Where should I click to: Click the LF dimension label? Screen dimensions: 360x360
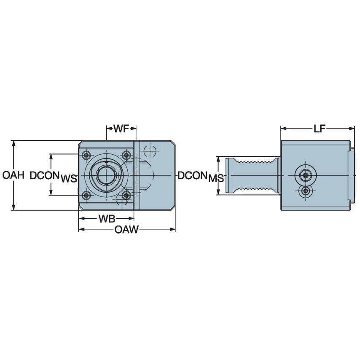[x=319, y=129]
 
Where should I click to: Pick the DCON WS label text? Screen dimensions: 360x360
[x=53, y=177]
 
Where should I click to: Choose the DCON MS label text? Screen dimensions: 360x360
[x=200, y=177]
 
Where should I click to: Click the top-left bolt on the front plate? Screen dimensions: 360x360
[x=86, y=155]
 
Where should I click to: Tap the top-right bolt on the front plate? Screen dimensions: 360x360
[x=126, y=155]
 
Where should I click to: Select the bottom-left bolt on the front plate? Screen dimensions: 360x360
[x=86, y=195]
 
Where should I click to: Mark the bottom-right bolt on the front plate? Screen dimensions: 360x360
[x=126, y=195]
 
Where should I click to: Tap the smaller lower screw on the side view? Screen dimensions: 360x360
[x=306, y=191]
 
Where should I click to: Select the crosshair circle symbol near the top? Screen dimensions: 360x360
[x=150, y=150]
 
